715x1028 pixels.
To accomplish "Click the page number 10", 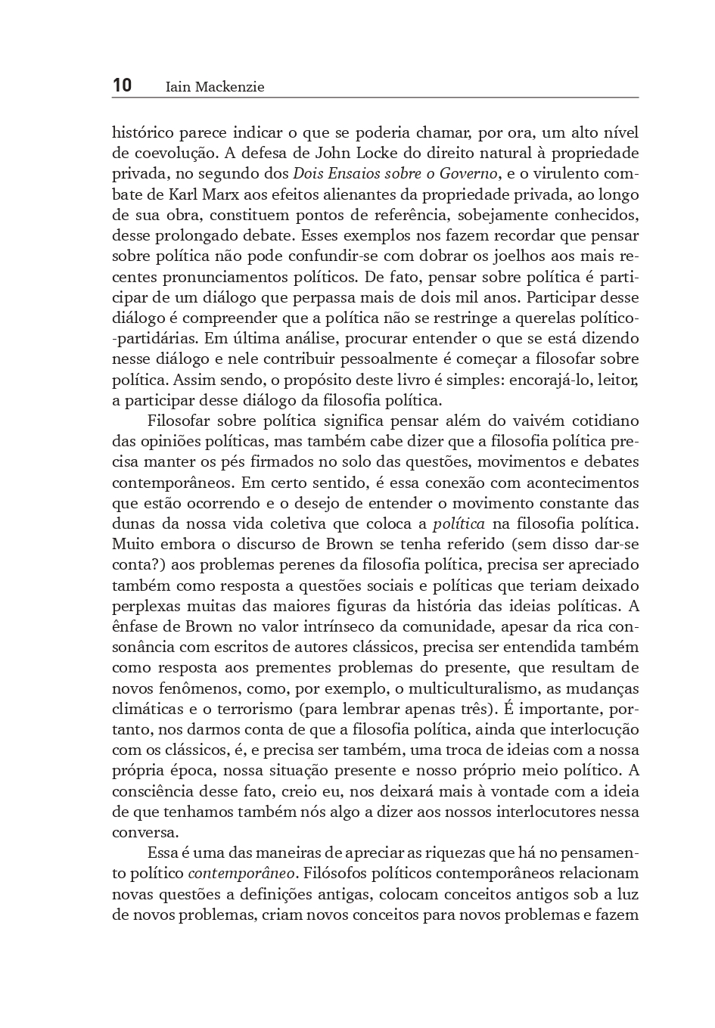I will click(x=122, y=85).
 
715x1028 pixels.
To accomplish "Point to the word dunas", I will click(x=132, y=523).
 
